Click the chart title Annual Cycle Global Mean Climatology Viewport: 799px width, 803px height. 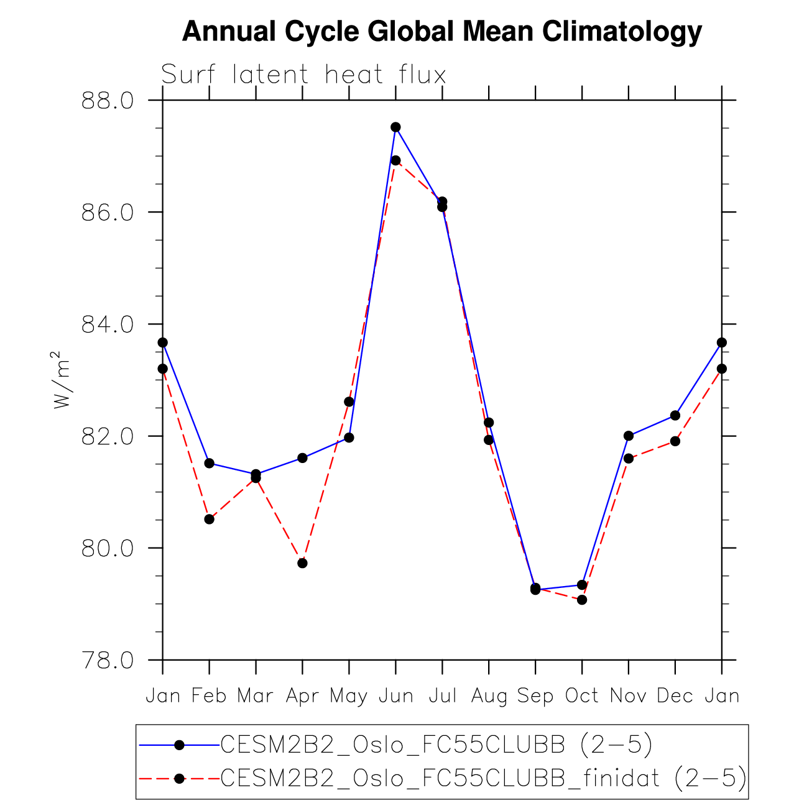[442, 31]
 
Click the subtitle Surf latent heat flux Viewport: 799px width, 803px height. [303, 75]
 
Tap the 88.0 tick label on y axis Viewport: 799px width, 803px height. [107, 100]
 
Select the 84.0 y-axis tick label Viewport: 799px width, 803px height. [107, 324]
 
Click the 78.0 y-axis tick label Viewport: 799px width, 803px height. [107, 660]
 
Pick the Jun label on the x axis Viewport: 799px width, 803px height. [396, 695]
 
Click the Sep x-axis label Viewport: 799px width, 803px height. [535, 695]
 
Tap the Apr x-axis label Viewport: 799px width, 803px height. [302, 695]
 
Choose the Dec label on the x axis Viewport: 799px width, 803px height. [675, 695]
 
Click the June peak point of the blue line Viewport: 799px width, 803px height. [395, 127]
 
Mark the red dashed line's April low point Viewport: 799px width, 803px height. [302, 563]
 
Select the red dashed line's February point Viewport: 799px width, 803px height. [210, 519]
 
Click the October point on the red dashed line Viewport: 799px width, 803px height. [582, 600]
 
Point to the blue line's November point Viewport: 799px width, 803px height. [629, 436]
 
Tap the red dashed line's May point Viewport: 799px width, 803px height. [349, 401]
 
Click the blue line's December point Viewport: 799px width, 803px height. [675, 415]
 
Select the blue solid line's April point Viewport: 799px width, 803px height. [302, 458]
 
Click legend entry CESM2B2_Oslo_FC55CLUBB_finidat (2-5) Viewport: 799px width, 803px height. [483, 778]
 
